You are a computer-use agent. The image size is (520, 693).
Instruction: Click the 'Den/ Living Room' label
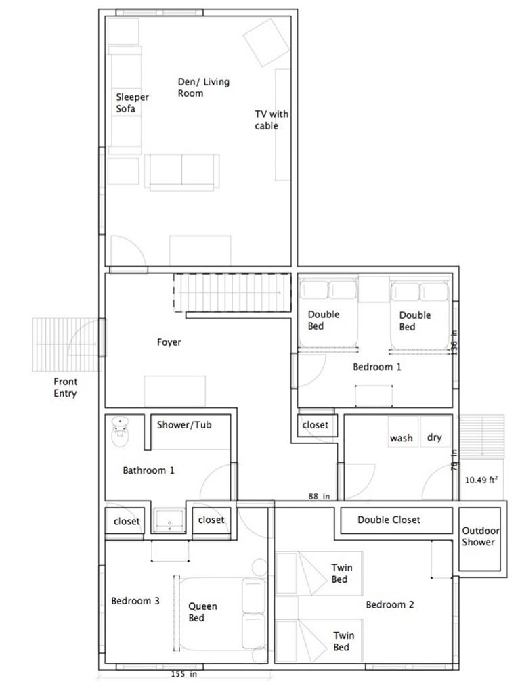tap(203, 87)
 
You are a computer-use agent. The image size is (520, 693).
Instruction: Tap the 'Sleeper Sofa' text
tap(131, 103)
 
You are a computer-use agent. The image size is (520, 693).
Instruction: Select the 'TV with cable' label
tap(271, 120)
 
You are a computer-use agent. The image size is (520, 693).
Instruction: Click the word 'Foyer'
tap(169, 342)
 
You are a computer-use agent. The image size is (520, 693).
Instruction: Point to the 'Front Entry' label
tap(65, 387)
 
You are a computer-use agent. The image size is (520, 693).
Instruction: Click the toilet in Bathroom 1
tap(121, 431)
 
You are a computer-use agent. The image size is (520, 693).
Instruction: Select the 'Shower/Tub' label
tap(184, 425)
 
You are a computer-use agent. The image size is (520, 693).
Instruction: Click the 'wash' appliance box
tap(402, 438)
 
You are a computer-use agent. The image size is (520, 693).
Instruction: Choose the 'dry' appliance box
tap(435, 437)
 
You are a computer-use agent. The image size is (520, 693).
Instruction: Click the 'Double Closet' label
tap(389, 520)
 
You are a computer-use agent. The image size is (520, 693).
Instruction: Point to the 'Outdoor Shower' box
tap(479, 536)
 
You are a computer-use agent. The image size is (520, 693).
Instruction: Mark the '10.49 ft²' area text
tap(481, 480)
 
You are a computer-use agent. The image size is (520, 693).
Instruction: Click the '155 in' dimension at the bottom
tap(183, 674)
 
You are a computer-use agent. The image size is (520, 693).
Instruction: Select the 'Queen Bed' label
tap(202, 612)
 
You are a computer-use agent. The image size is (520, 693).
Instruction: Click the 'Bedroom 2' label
tap(389, 604)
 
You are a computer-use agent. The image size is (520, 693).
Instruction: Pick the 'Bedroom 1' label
tap(377, 367)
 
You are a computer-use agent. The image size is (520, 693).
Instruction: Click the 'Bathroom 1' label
tap(148, 470)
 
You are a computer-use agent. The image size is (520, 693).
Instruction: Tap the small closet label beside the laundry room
tap(315, 425)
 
